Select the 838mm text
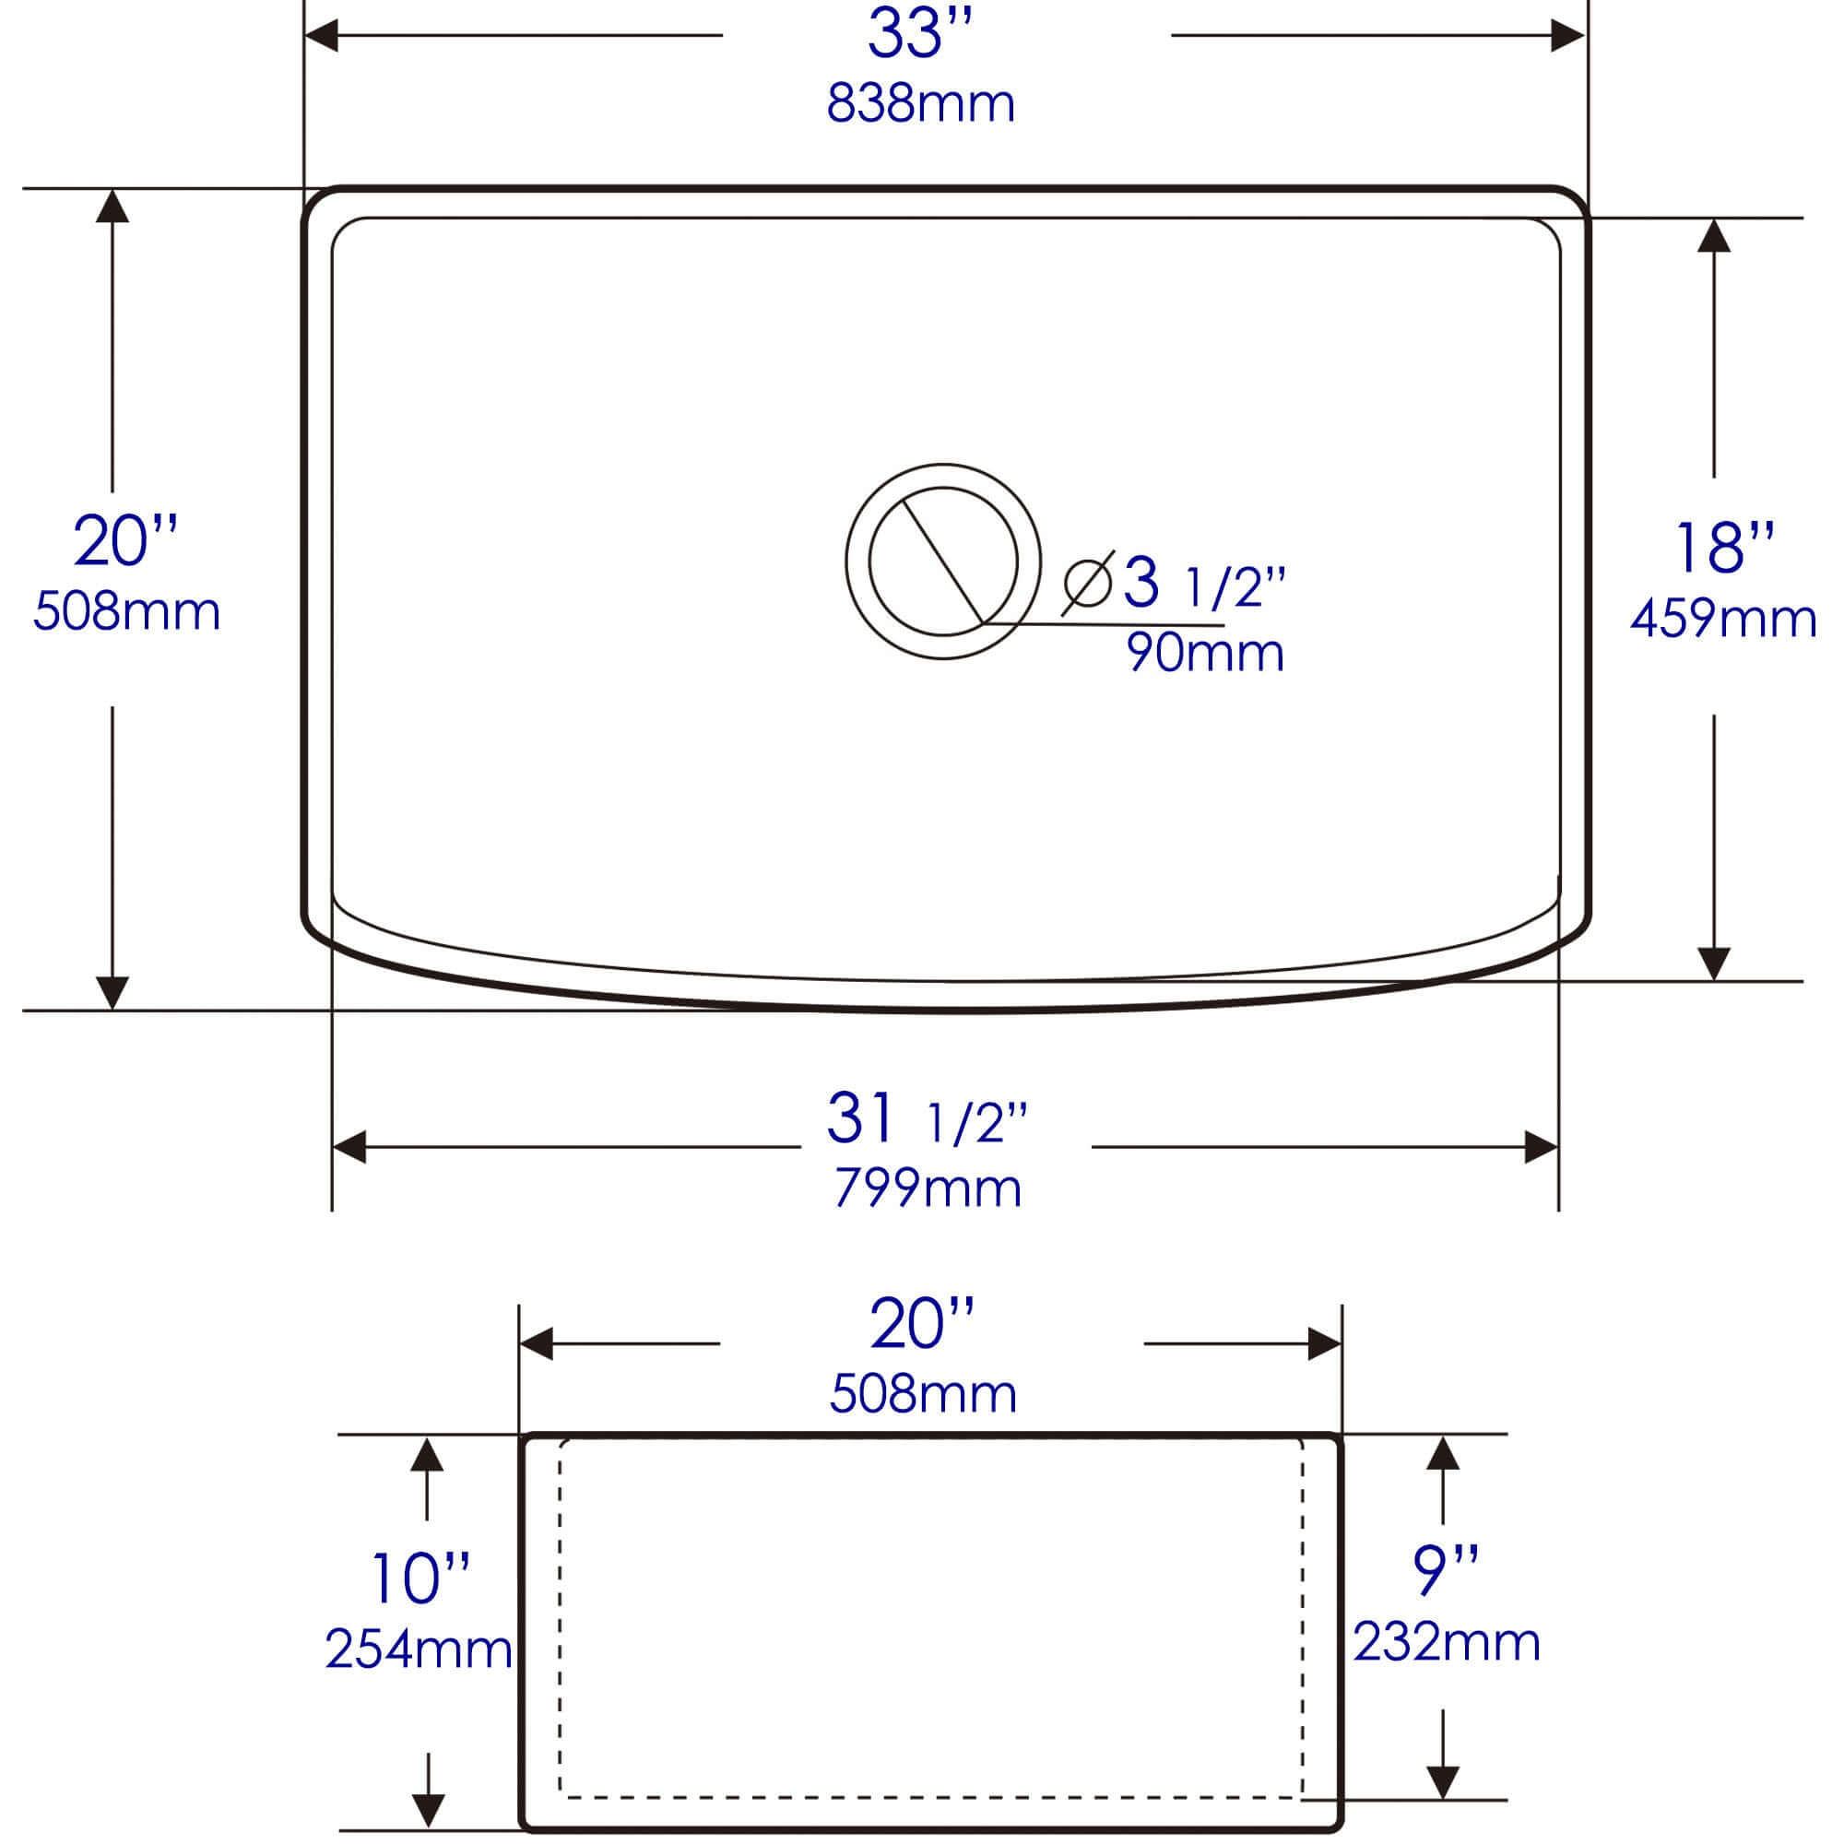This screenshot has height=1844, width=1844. (920, 103)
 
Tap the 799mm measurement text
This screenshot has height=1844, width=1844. (928, 1188)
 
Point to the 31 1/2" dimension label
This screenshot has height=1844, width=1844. (926, 1118)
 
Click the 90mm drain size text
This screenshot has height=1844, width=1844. (1204, 653)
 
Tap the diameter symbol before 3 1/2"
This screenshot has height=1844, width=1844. (1088, 584)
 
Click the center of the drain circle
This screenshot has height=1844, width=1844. (943, 561)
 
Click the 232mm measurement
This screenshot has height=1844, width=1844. (1446, 1642)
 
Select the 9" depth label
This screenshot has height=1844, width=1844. (1445, 1571)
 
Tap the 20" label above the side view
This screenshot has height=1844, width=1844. (922, 1325)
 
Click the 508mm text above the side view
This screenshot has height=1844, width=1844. (923, 1393)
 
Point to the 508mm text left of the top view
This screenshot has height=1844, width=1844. (126, 611)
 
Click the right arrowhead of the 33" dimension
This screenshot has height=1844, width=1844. (1567, 36)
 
